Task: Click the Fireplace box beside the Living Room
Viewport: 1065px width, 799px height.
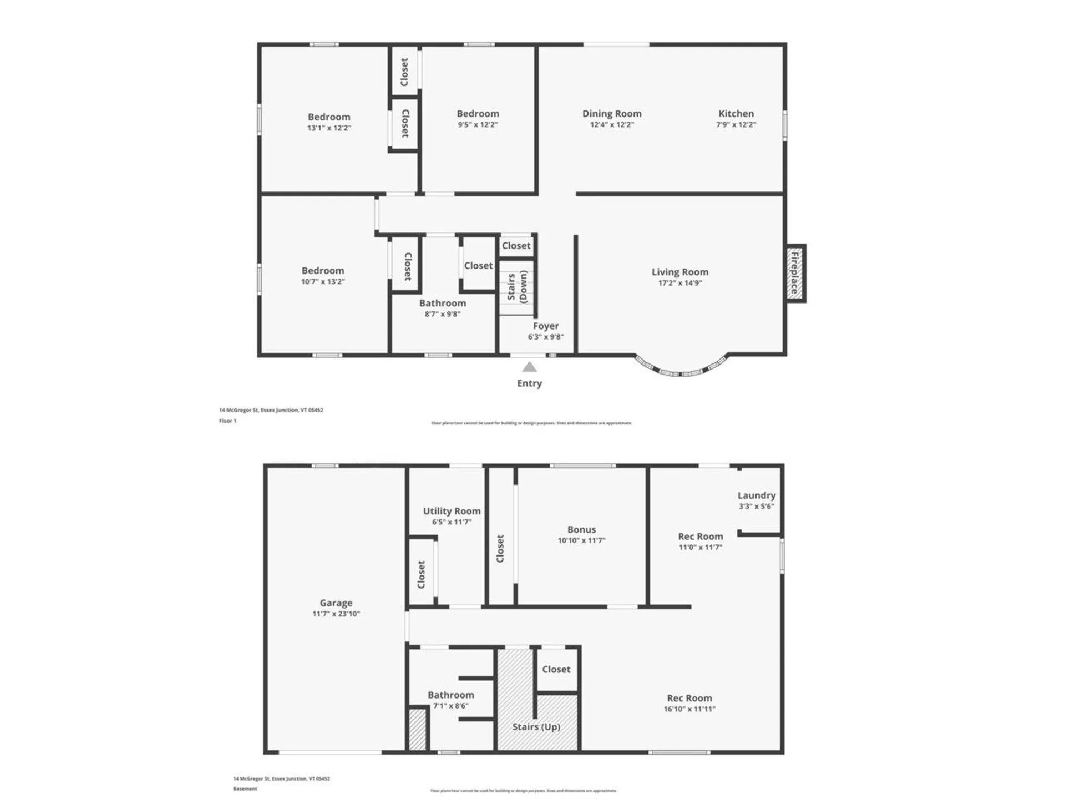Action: [795, 273]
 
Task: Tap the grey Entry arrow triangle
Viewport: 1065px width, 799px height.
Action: [530, 367]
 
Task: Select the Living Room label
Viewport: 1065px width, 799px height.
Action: [679, 272]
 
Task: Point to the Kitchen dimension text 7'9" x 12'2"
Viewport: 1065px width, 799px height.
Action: [736, 125]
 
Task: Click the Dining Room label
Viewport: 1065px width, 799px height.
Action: [612, 113]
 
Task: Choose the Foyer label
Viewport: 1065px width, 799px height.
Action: [546, 326]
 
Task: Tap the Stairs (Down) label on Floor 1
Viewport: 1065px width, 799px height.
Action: [517, 286]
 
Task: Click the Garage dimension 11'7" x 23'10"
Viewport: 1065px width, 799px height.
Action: [336, 614]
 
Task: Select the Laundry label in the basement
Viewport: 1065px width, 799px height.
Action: [756, 495]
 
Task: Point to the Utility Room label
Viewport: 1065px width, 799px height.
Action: [452, 511]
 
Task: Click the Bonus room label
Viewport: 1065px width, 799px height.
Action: [581, 529]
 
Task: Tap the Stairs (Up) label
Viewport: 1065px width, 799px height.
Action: [536, 726]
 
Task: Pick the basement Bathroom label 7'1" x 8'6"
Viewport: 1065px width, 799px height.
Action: [450, 695]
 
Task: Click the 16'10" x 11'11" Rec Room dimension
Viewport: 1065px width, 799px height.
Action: [689, 709]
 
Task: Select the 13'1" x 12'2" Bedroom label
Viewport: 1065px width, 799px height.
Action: [329, 117]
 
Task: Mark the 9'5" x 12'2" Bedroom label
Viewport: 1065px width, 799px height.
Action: [478, 113]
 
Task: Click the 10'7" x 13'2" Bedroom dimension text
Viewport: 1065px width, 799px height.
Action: [323, 281]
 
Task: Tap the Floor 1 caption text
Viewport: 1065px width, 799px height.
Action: [227, 421]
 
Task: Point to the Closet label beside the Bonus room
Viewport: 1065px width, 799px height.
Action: [500, 548]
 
